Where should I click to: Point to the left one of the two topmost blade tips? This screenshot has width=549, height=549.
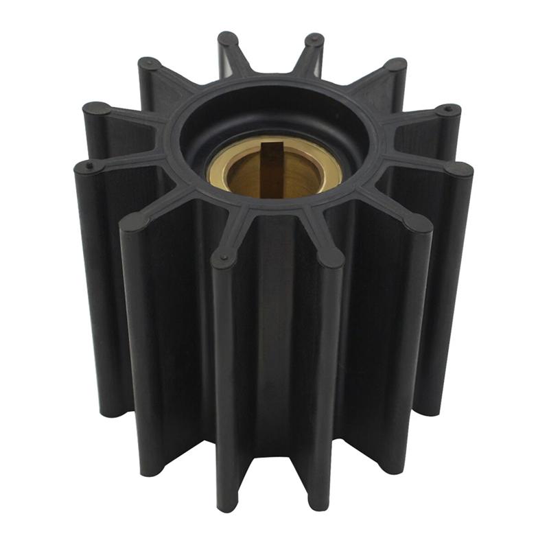(228, 39)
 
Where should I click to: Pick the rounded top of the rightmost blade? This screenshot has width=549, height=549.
(459, 169)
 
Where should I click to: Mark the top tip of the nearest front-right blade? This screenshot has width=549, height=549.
(330, 257)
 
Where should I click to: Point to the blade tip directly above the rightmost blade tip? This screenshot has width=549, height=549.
(448, 110)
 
